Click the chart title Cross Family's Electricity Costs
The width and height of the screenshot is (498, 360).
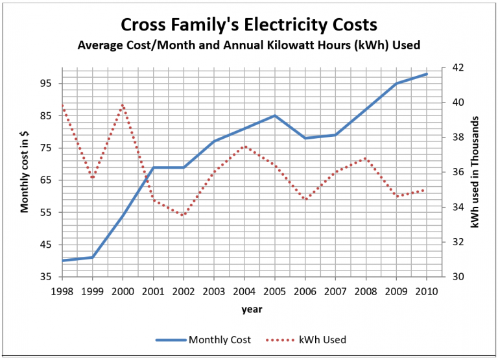pos(248,25)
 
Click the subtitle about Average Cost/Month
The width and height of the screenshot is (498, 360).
pos(248,45)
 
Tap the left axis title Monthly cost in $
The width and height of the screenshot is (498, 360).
pos(25,171)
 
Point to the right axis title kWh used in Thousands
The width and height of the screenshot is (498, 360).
pos(475,171)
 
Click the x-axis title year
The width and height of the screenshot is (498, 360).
pos(252,309)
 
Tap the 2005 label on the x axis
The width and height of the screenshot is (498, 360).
pos(275,291)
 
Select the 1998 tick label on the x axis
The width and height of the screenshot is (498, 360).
pos(62,291)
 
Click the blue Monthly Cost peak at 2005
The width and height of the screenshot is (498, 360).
pos(275,115)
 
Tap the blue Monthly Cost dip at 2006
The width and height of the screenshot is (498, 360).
pos(305,138)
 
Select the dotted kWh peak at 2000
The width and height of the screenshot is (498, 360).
pos(123,104)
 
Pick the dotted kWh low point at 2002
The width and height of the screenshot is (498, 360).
pos(184,215)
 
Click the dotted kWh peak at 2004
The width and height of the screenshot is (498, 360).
pos(244,146)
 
